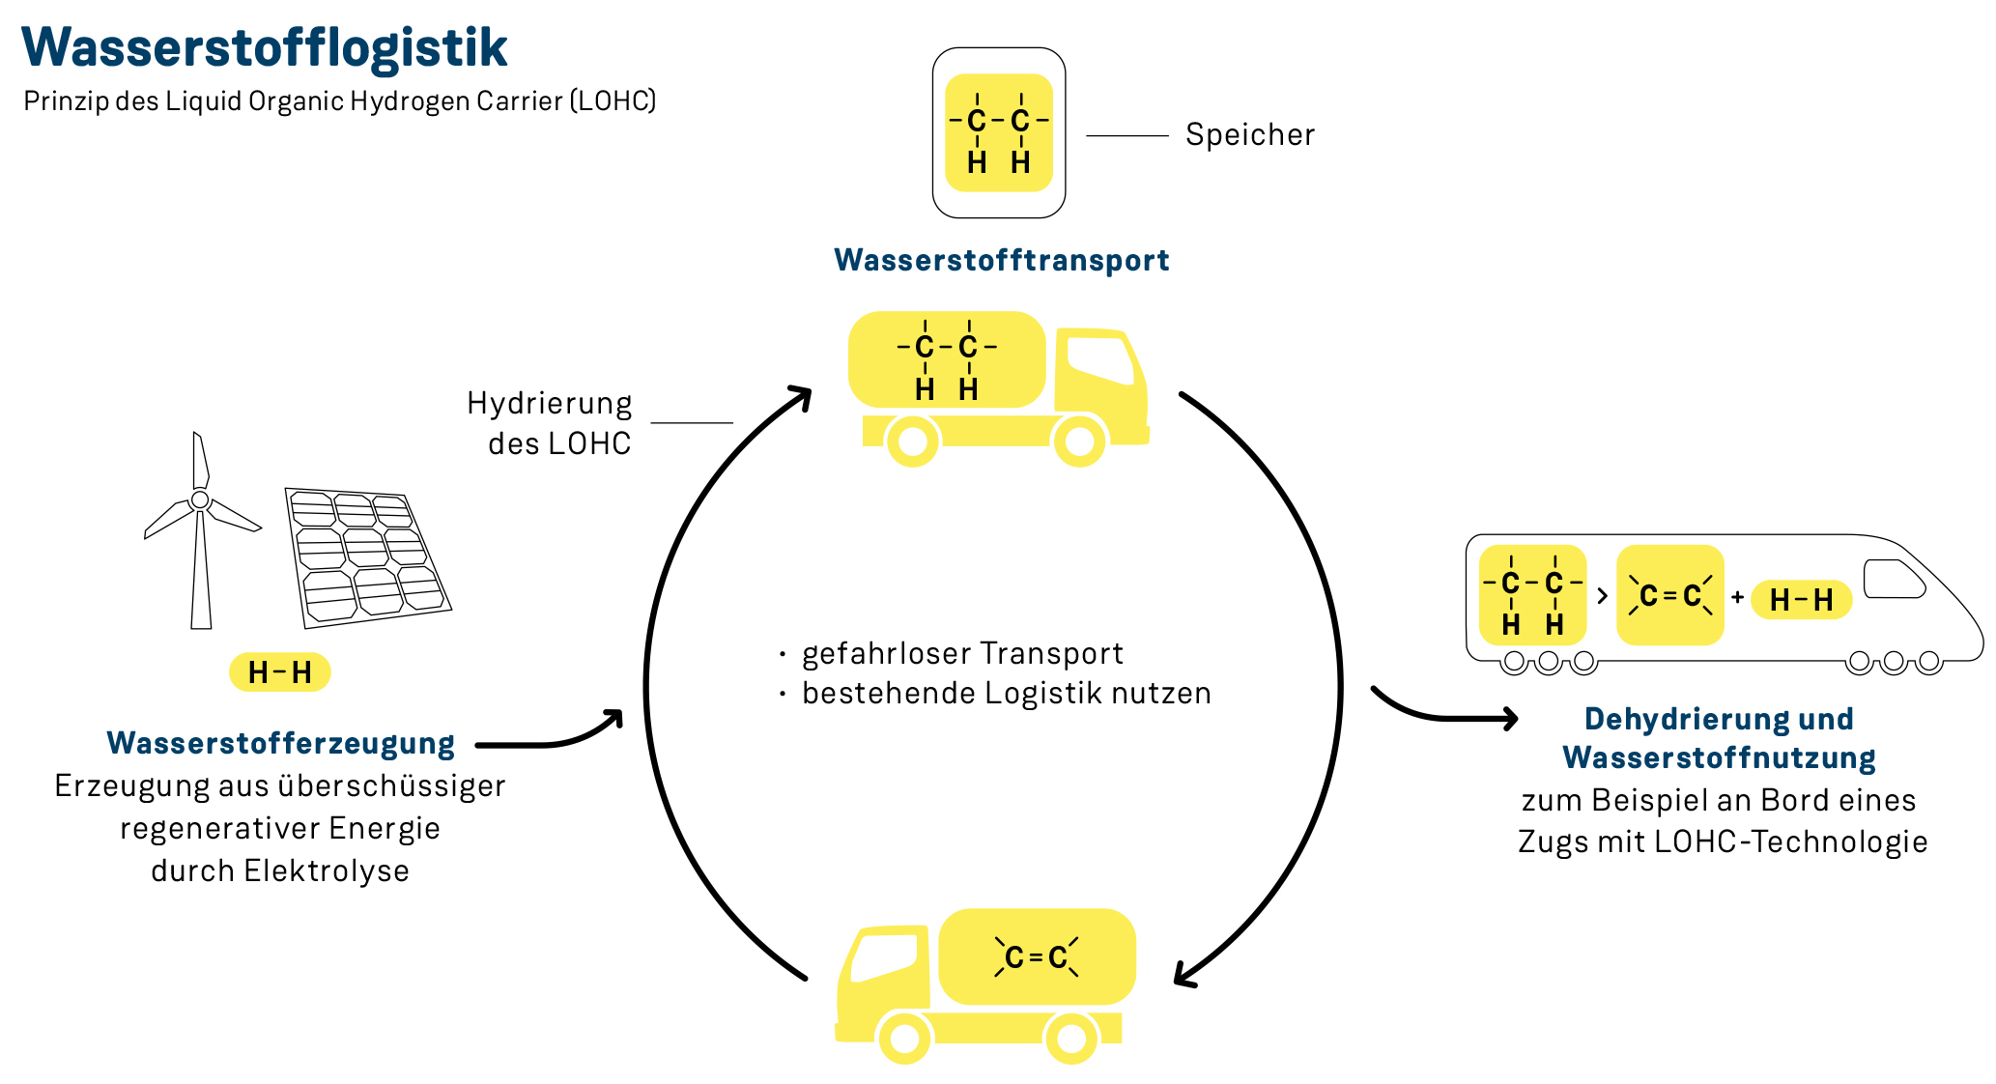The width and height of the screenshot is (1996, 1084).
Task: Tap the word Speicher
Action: click(1249, 134)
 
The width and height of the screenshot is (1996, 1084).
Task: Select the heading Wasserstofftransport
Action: click(1001, 260)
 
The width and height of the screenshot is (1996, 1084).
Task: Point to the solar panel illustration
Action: click(367, 556)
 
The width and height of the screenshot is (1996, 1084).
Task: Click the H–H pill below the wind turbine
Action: click(279, 671)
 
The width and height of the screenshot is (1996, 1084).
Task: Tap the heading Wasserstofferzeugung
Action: click(280, 743)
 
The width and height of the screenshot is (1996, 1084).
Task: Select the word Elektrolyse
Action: click(327, 870)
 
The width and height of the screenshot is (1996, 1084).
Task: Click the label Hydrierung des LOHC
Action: click(551, 422)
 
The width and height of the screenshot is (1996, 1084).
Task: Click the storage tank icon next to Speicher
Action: click(998, 132)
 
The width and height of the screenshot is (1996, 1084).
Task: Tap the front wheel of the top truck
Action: click(1078, 442)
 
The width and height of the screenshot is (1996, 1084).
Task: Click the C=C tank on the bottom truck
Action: click(1037, 956)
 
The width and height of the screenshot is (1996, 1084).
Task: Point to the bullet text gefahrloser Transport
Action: click(962, 653)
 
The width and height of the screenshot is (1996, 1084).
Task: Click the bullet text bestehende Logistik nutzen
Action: click(1006, 693)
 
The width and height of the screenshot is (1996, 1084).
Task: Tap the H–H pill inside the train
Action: click(1801, 600)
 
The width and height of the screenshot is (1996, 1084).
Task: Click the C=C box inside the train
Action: click(1669, 595)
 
